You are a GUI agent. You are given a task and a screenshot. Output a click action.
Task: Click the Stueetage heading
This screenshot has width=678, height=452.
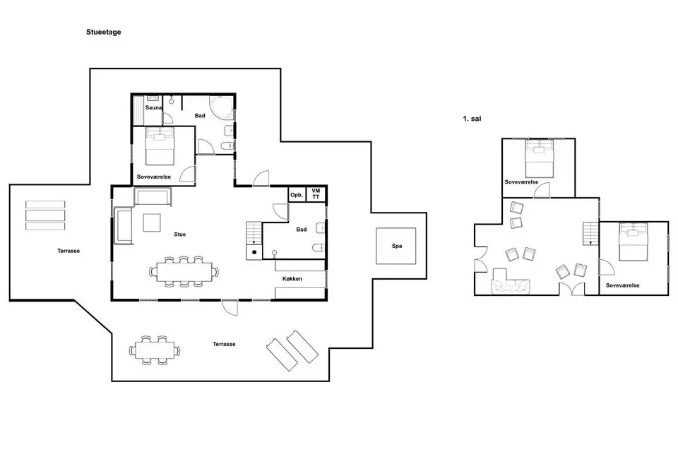[x=103, y=32]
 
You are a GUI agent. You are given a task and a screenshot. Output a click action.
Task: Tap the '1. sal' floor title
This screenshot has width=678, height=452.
[x=472, y=119]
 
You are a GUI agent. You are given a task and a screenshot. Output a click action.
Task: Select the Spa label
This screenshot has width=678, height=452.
[x=396, y=246]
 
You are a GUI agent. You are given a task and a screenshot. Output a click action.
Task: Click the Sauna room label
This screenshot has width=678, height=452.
[x=153, y=107]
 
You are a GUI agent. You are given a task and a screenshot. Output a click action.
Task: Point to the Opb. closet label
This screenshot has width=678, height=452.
[x=297, y=195]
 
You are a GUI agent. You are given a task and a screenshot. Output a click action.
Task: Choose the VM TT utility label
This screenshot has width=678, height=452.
[x=316, y=194]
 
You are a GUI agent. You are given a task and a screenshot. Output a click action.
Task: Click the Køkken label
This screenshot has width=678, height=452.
[x=292, y=279]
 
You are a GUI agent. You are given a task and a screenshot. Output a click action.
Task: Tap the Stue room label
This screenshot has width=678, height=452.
[x=180, y=234]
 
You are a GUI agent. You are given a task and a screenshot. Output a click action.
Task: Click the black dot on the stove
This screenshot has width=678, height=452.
[x=254, y=252]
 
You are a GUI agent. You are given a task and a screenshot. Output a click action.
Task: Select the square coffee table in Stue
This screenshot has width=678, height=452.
[x=152, y=222]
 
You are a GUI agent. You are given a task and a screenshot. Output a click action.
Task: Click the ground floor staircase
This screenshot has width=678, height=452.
[x=254, y=234]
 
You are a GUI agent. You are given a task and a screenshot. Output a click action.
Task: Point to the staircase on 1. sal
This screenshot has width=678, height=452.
[x=590, y=234]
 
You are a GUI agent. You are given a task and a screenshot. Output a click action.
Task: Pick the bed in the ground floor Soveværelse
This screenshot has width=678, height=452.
[x=160, y=146]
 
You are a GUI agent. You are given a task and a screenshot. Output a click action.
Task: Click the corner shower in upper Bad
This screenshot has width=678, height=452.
[x=222, y=107]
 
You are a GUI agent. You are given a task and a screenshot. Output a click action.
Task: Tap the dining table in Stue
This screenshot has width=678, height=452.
[x=184, y=272]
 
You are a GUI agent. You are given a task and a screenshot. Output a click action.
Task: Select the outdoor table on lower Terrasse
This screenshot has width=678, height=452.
[x=155, y=350]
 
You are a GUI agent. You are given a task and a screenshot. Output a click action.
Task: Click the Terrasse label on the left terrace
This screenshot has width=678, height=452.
[x=69, y=251]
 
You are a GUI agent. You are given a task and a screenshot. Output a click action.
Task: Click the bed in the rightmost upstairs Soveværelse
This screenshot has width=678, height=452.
[x=634, y=242]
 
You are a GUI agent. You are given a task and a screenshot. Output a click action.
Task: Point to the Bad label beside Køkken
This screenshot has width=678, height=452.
[x=302, y=230]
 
